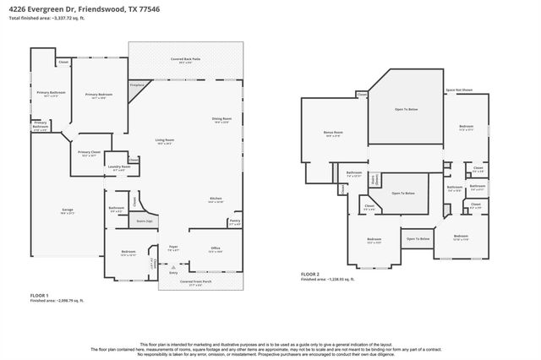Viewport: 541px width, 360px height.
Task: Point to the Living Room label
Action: (x=164, y=141)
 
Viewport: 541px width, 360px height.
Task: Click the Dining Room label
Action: (x=222, y=119)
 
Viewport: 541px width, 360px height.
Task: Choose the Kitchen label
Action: (x=216, y=200)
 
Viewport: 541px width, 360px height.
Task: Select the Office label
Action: (x=216, y=248)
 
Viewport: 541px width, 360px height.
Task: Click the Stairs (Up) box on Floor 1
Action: (x=144, y=221)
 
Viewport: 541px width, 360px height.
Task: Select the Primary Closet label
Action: (x=90, y=153)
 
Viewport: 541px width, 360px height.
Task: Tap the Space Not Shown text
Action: (x=458, y=90)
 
